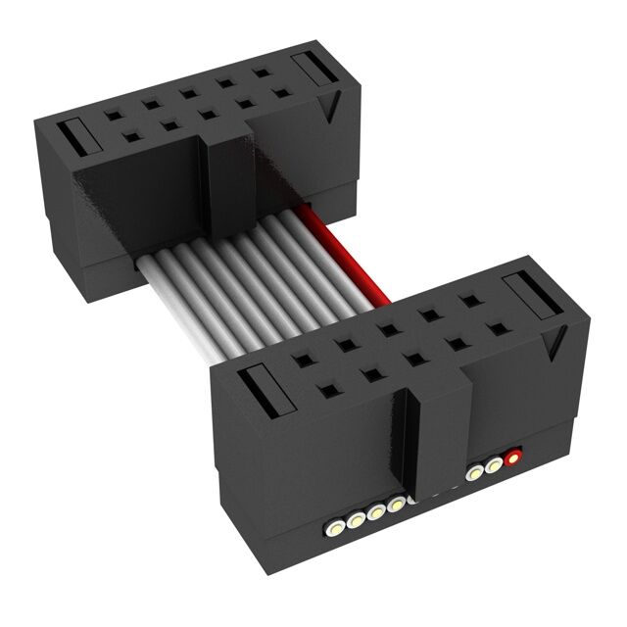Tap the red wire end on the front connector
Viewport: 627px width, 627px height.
point(511,458)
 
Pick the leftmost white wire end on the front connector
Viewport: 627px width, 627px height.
point(335,527)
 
